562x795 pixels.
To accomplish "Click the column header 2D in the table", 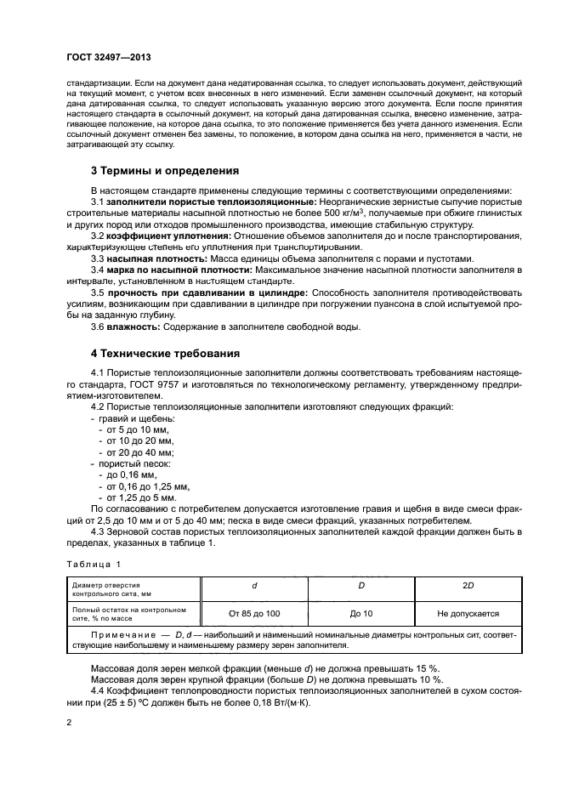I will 468,586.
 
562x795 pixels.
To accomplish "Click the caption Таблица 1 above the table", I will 94,563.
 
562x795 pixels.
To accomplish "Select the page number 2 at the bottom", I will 70,722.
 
